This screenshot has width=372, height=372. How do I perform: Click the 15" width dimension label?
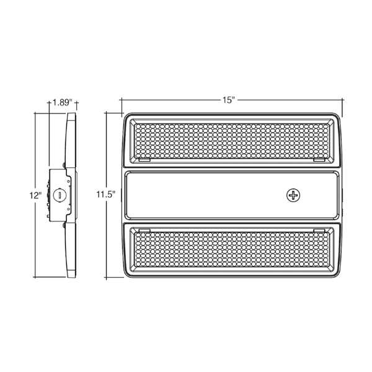click(x=228, y=100)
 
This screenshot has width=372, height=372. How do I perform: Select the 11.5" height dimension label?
click(x=105, y=195)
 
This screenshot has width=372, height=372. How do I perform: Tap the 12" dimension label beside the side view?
click(x=35, y=195)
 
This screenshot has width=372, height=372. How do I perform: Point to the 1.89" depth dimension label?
click(x=62, y=102)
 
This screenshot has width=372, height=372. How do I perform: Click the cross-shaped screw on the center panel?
click(x=293, y=195)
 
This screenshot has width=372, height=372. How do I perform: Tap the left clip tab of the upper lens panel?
click(x=144, y=160)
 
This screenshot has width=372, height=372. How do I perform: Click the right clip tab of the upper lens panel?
click(x=319, y=160)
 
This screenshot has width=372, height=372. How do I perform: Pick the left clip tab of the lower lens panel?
click(x=144, y=231)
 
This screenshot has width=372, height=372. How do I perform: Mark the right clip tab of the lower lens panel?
click(x=319, y=231)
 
